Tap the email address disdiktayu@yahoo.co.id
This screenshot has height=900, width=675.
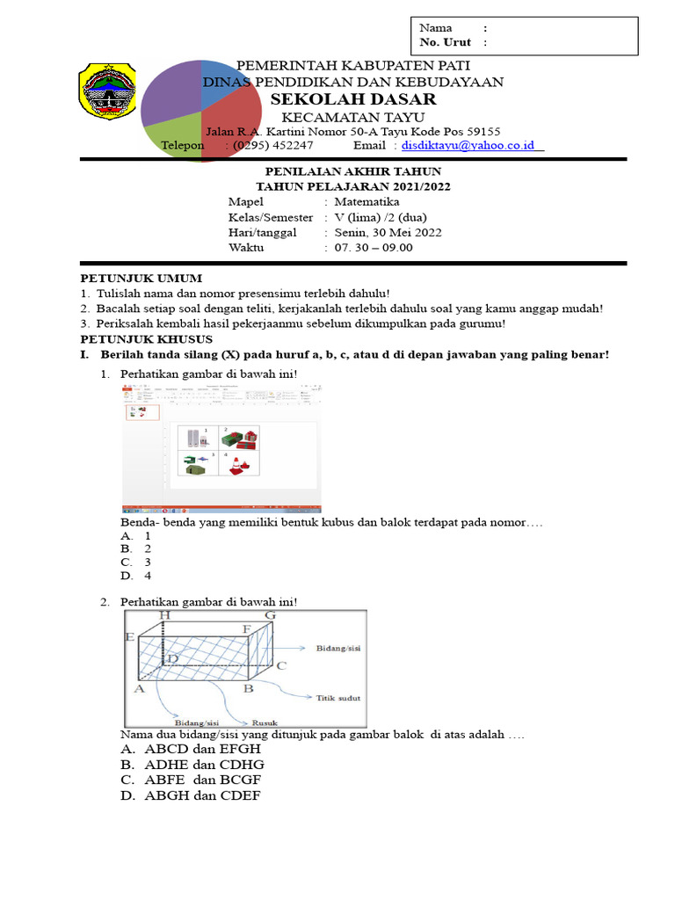[x=471, y=145]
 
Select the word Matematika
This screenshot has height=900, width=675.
[x=367, y=201]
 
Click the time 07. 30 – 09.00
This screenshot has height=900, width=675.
[x=374, y=248]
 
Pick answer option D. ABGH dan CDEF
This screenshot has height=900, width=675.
[x=191, y=796]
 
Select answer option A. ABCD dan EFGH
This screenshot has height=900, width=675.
[x=191, y=749]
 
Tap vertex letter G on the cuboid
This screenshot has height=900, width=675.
[x=270, y=616]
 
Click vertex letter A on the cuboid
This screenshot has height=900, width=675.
[x=138, y=690]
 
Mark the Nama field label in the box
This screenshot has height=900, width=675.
[x=435, y=28]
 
